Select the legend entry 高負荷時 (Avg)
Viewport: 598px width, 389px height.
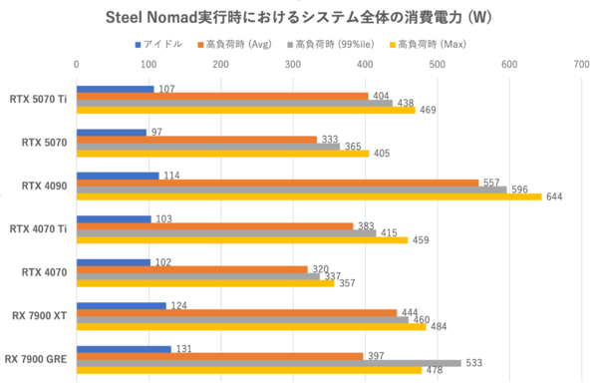click(240, 45)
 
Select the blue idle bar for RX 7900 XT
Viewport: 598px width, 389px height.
click(122, 305)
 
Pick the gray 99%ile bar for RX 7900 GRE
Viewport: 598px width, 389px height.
click(269, 363)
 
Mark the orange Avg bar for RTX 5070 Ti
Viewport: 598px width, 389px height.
click(222, 97)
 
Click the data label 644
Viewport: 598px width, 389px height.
click(555, 196)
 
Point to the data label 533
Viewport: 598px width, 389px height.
click(474, 363)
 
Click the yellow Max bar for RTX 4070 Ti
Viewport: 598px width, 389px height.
click(242, 239)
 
